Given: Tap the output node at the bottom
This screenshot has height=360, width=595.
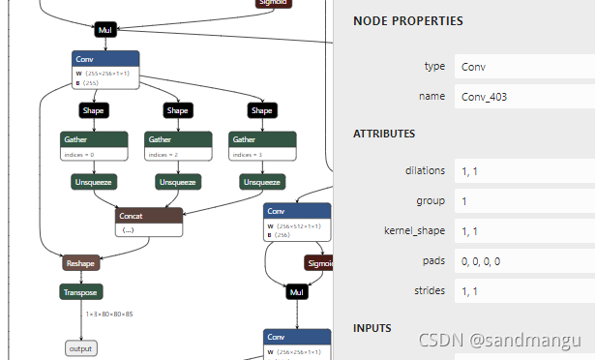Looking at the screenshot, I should tap(81, 348).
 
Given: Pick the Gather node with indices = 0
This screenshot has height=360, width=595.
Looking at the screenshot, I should tap(93, 145).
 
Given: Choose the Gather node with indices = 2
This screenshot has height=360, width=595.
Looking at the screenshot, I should tap(177, 145).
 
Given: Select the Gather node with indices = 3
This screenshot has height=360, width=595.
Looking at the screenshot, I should tap(261, 145).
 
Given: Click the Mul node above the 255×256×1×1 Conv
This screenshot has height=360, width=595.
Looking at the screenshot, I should tap(105, 30).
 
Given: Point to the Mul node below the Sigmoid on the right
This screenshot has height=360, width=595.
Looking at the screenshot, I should tap(297, 291).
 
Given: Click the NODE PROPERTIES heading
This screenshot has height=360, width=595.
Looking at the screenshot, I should tap(407, 20).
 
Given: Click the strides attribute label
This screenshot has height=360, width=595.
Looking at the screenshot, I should tap(427, 290).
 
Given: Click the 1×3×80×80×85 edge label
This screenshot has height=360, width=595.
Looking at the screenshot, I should tap(109, 315).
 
